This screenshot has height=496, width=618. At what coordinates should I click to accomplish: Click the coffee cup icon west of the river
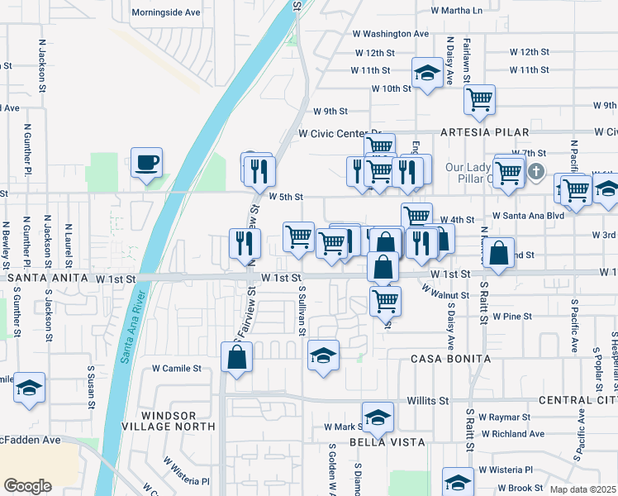click(x=146, y=162)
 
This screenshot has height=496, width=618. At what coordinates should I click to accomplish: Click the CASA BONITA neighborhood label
click(x=451, y=360)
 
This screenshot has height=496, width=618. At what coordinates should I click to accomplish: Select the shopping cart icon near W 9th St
click(x=479, y=100)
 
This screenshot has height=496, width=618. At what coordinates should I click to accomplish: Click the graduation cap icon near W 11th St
click(x=427, y=73)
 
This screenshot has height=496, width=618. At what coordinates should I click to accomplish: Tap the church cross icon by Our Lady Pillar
click(x=536, y=172)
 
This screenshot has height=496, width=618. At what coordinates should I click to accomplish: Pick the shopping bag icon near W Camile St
click(x=236, y=357)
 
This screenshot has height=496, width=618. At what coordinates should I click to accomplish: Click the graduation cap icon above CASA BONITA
click(x=323, y=355)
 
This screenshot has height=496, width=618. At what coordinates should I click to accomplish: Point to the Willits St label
click(x=427, y=401)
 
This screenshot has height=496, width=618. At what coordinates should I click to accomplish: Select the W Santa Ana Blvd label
click(x=528, y=215)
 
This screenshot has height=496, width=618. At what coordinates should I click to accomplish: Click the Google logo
click(x=27, y=485)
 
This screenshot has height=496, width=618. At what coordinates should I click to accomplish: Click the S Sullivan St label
click(x=303, y=311)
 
